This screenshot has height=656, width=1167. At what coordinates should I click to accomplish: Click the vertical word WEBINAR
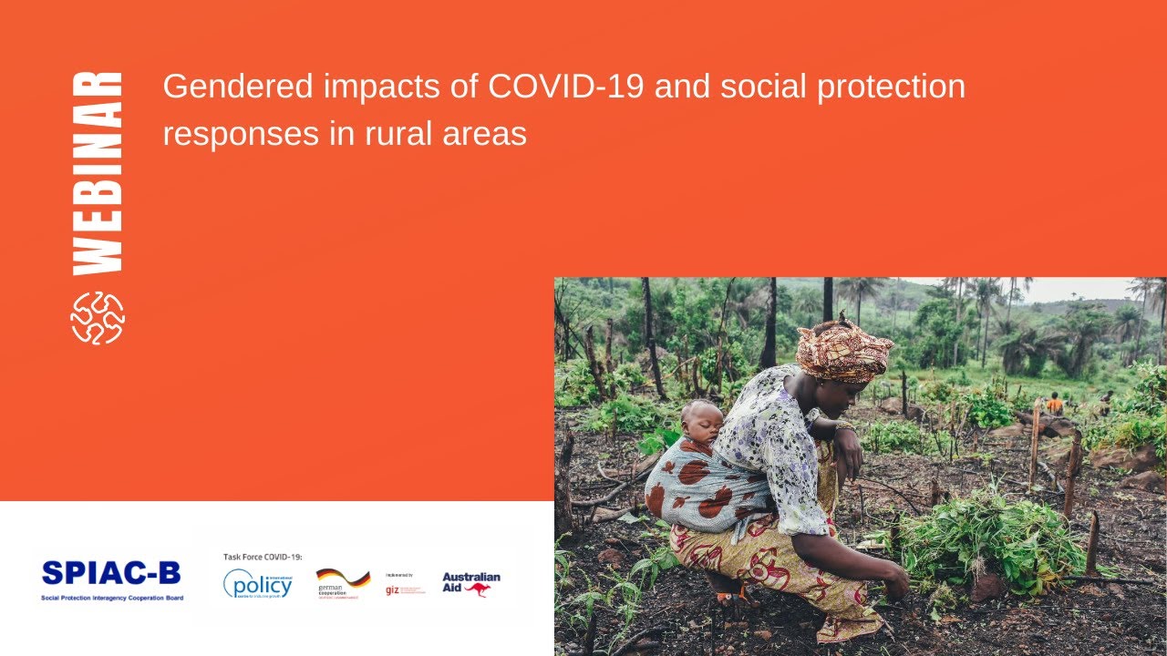coord(98,172)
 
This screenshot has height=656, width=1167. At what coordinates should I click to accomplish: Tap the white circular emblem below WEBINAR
coord(98,318)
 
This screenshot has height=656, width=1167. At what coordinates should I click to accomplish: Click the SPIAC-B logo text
coord(111,573)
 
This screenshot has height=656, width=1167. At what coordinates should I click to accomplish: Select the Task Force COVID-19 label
coord(263,556)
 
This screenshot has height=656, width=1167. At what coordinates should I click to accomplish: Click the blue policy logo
coord(258,583)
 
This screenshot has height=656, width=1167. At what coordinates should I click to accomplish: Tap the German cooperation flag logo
coord(343,581)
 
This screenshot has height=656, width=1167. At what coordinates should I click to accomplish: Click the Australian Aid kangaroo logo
coord(471,583)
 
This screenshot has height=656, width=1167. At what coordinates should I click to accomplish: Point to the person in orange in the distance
coord(1055,403)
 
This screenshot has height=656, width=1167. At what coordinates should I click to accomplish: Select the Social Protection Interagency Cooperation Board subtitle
coord(111,598)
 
